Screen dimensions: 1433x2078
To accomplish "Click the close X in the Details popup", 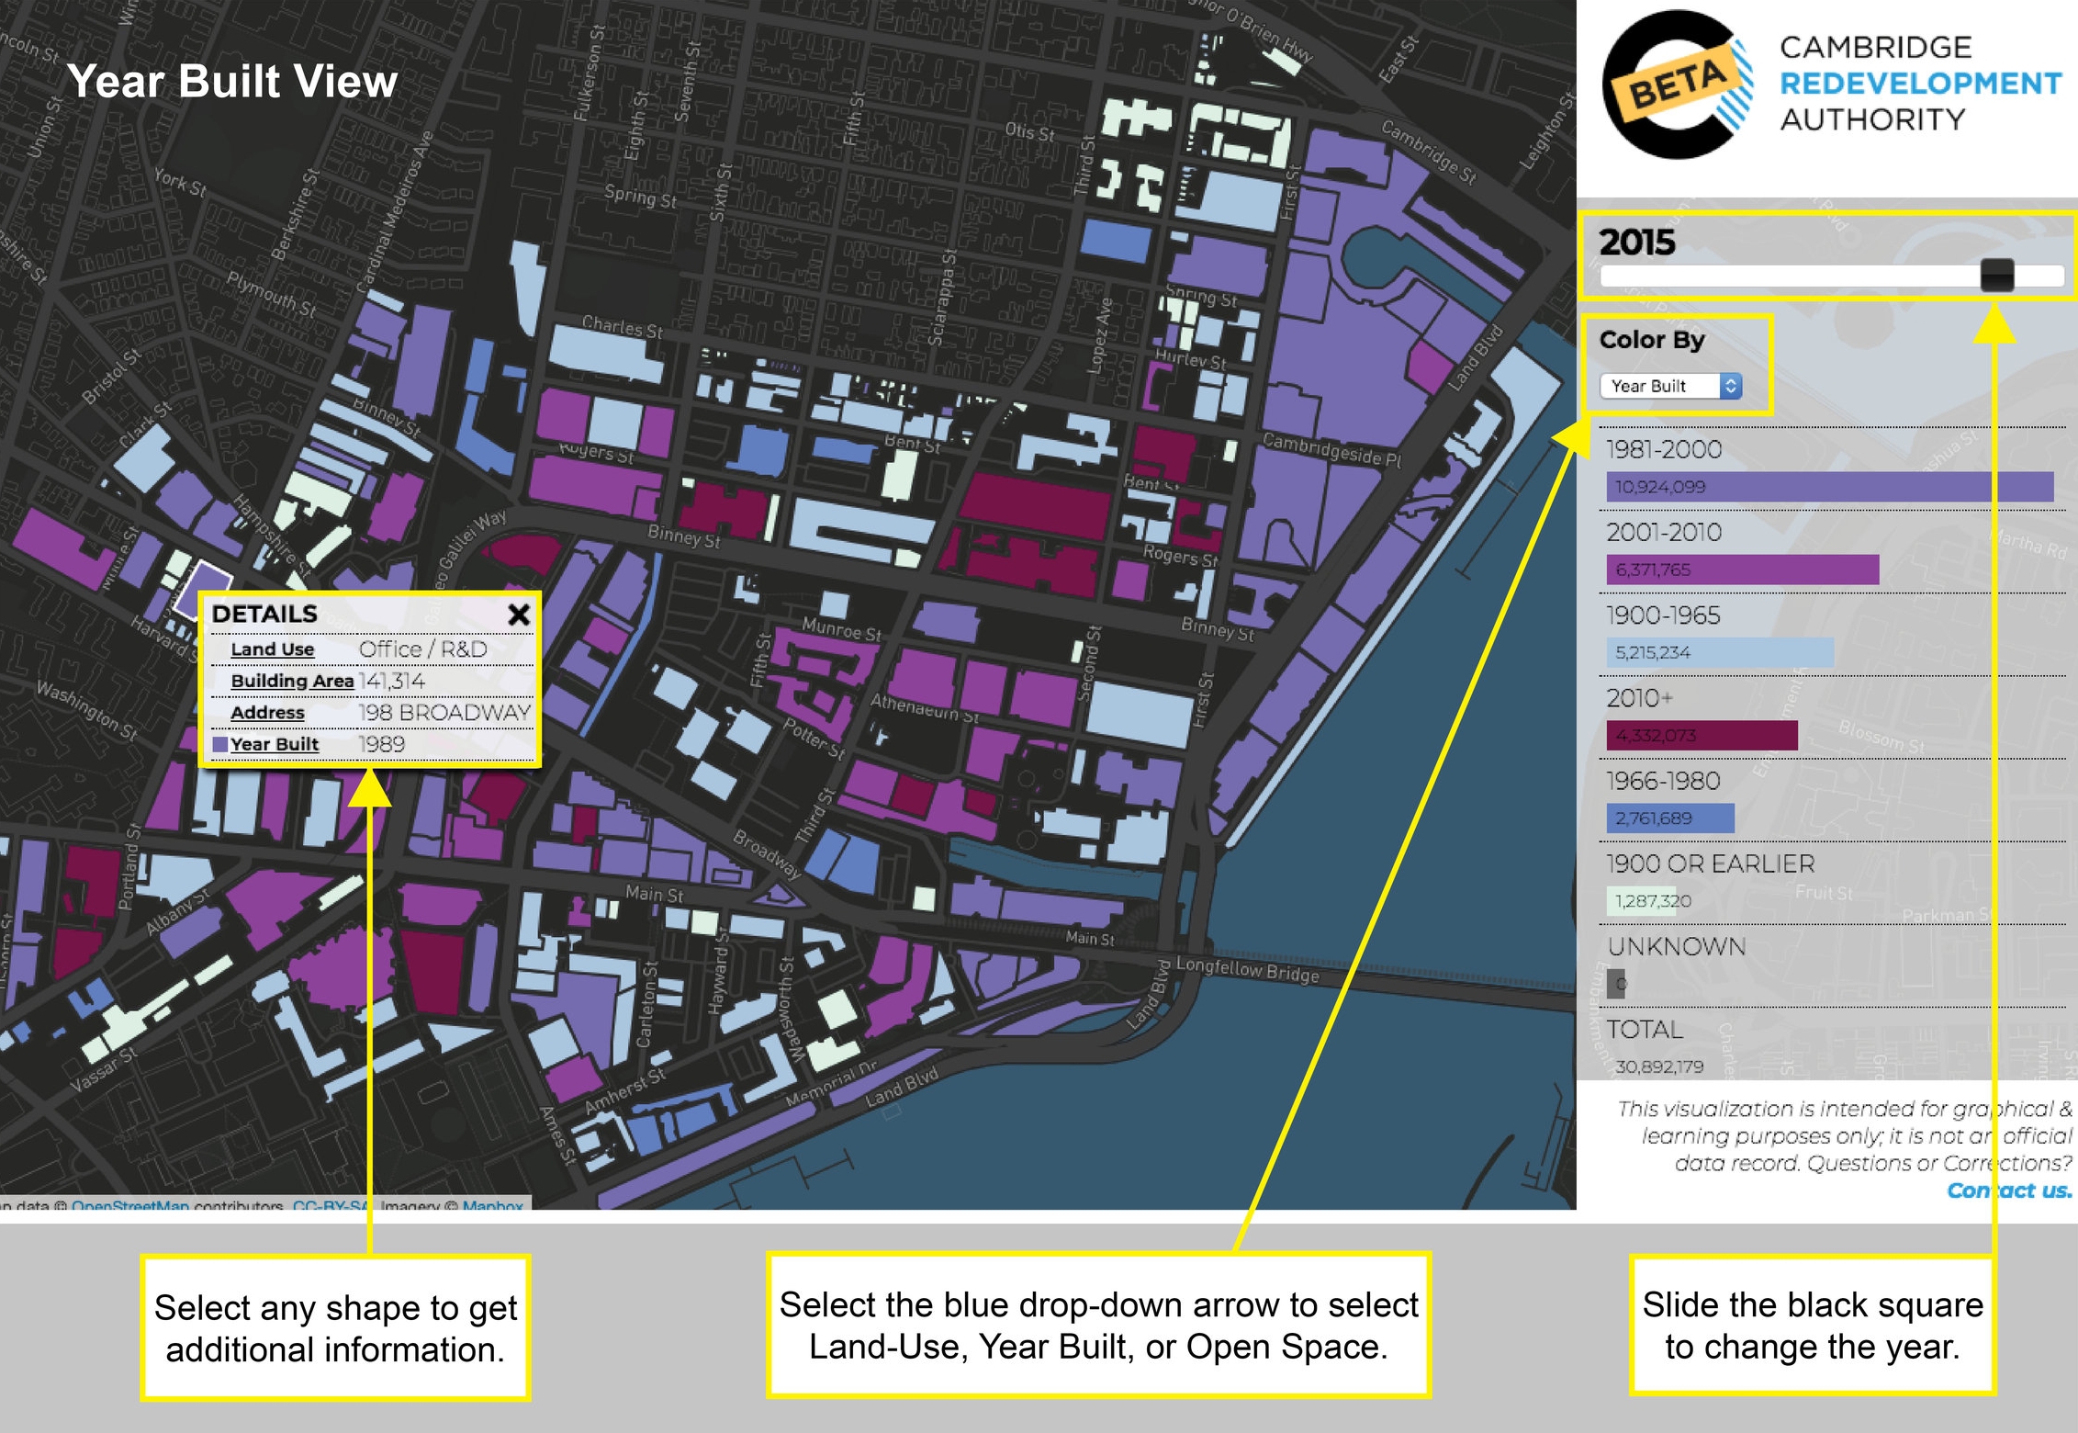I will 519,615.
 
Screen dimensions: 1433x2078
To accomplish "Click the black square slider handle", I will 1997,275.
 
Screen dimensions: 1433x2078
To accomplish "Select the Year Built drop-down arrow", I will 1730,386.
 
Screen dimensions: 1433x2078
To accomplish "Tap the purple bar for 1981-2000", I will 1829,487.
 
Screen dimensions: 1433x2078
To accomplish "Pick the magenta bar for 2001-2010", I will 1742,570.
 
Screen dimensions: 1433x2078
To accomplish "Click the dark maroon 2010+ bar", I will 1702,735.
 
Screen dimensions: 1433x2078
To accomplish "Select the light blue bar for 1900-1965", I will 1719,652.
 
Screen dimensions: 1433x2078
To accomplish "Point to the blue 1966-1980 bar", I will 1670,818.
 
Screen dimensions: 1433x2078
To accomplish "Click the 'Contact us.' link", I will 2009,1190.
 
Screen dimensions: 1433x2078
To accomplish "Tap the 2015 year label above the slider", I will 1636,243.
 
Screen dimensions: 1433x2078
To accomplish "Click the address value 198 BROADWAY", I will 444,712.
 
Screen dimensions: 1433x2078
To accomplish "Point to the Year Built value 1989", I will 382,744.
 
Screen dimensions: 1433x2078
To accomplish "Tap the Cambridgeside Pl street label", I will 1331,449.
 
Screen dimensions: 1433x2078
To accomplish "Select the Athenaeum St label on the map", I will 925,707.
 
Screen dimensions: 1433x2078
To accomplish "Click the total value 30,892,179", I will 1659,1066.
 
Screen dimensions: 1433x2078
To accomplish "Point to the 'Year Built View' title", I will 232,81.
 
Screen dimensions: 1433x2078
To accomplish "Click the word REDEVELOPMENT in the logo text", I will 1920,84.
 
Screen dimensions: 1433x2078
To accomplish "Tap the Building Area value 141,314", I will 392,681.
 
